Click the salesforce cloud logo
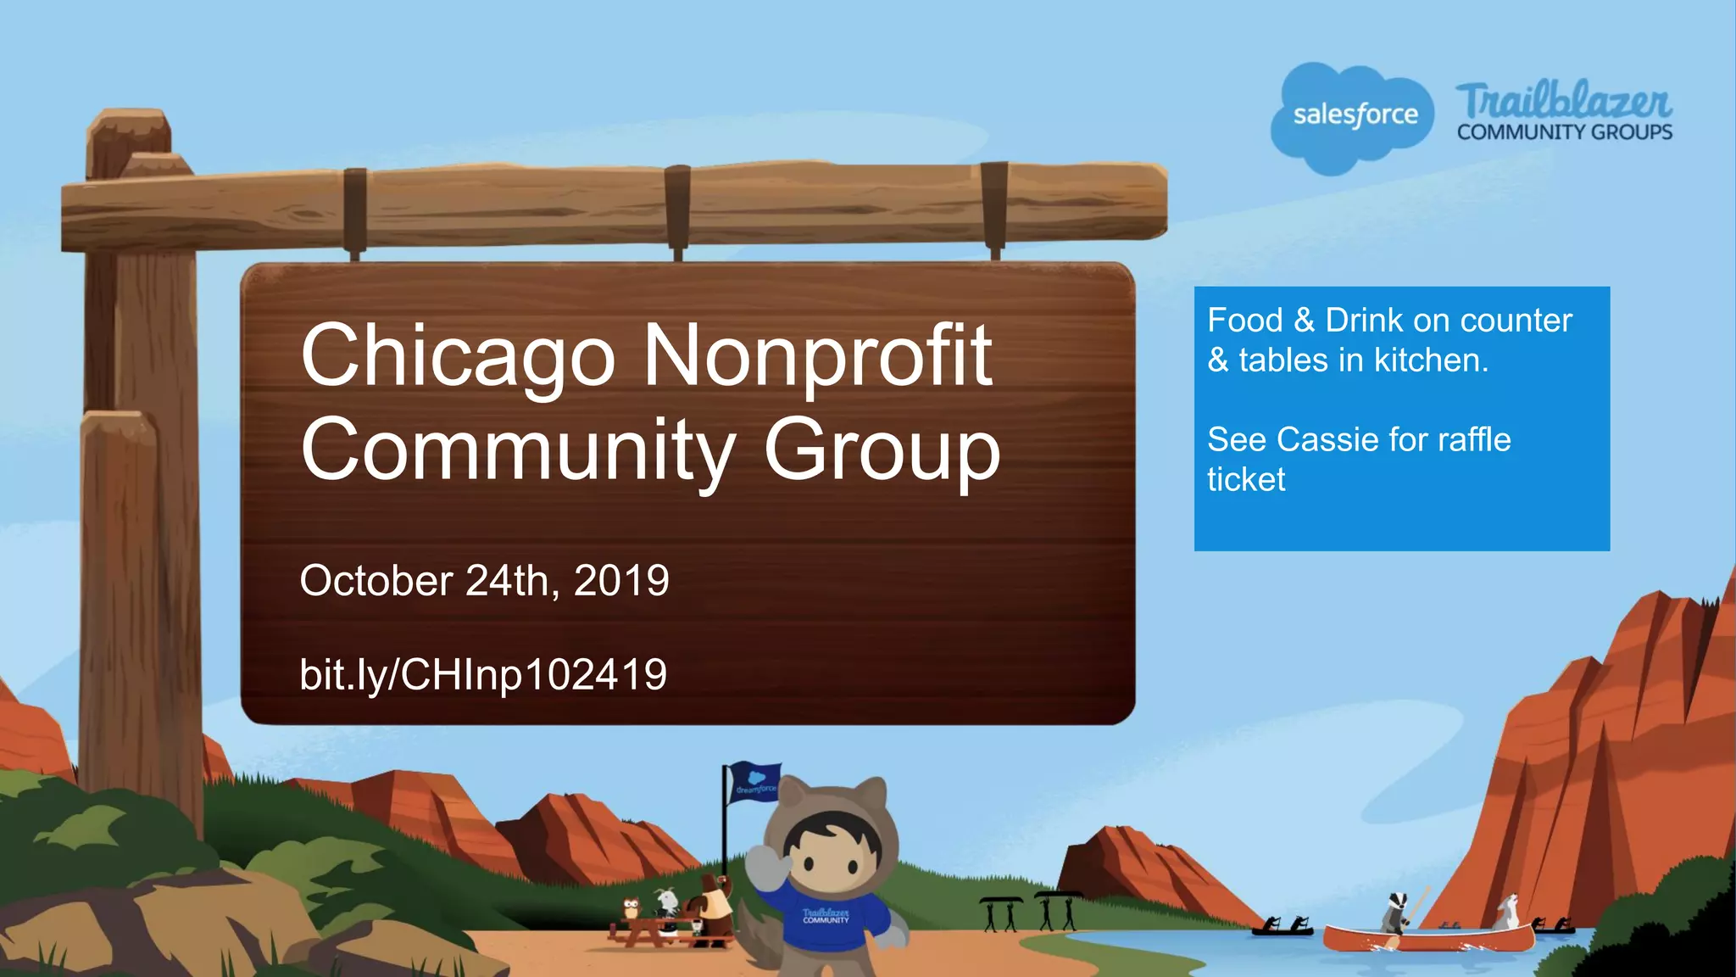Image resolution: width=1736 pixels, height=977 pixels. (1354, 116)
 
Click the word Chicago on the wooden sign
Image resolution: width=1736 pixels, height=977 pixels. (458, 356)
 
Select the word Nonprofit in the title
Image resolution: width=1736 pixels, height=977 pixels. (817, 356)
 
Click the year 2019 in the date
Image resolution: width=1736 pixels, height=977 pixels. (621, 582)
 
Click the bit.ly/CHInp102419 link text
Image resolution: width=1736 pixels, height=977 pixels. (483, 675)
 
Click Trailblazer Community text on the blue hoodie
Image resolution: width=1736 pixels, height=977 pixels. (826, 917)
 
